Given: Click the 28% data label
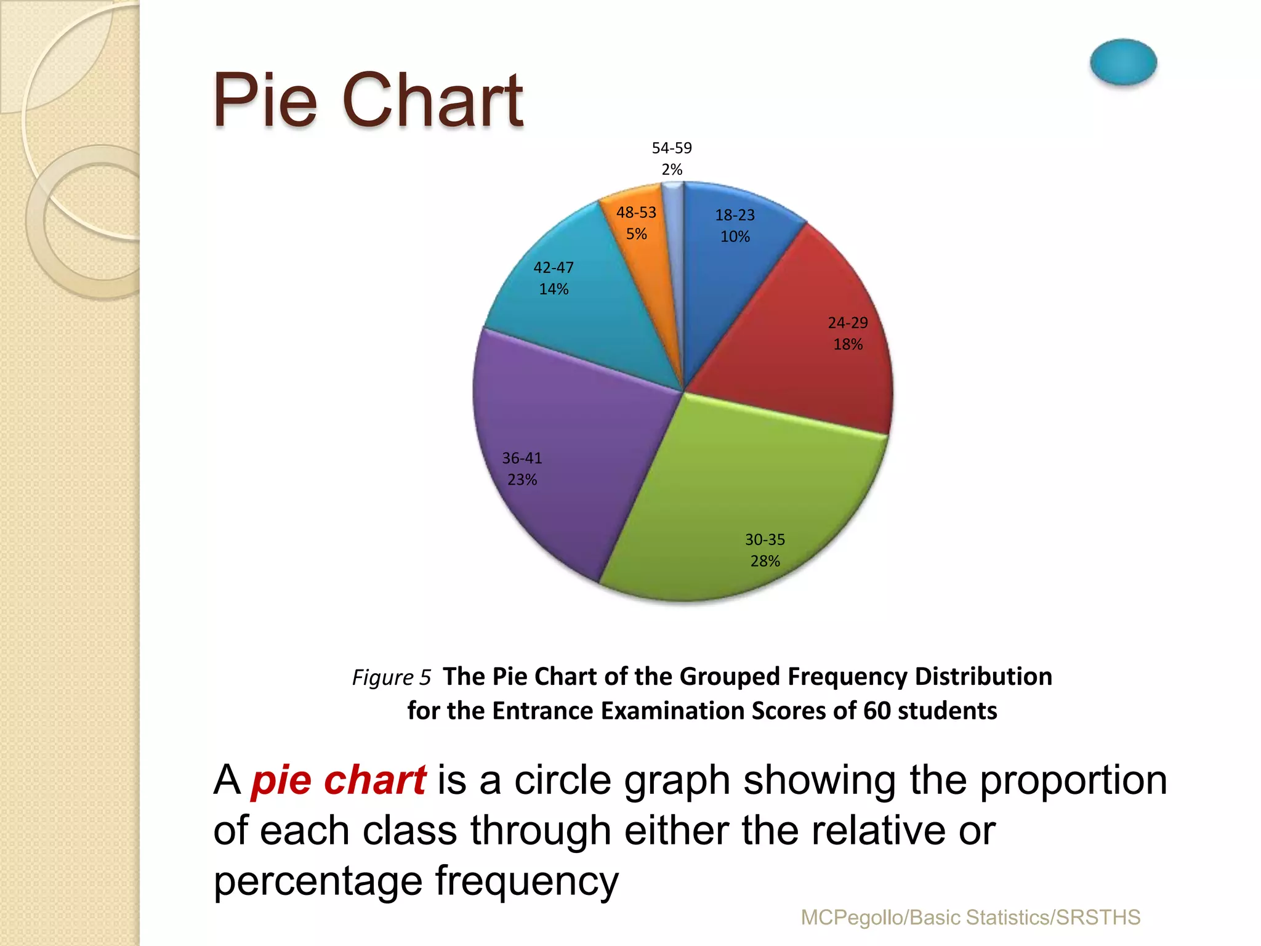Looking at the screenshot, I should click(765, 561).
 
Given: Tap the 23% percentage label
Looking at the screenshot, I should click(522, 480).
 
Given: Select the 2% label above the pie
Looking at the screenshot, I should click(672, 169).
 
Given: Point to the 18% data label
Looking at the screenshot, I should click(848, 344).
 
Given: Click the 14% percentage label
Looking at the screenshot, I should click(554, 289).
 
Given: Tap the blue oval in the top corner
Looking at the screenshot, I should click(1123, 62).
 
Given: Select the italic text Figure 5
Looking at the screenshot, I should click(391, 677).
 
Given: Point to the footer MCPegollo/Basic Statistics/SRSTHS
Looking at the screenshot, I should click(970, 918).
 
